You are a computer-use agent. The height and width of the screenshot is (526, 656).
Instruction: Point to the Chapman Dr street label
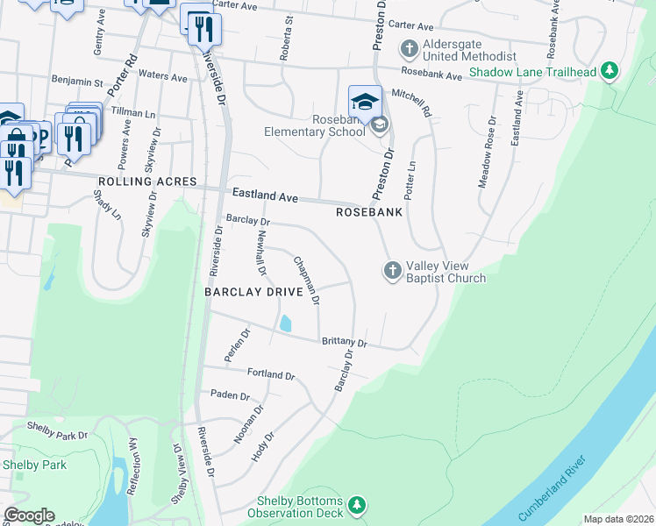(x=306, y=281)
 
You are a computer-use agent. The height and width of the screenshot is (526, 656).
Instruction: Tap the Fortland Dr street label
(x=270, y=373)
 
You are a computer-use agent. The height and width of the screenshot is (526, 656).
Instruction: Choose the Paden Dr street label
(x=229, y=395)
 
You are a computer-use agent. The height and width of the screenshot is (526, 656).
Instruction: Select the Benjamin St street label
(x=77, y=82)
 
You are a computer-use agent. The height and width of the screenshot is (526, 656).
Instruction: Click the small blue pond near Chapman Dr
(x=285, y=323)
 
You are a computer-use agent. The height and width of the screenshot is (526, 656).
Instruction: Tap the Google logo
(x=29, y=515)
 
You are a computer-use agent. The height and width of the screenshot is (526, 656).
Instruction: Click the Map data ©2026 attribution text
(x=618, y=519)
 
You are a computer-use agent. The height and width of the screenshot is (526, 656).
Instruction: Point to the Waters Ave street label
(x=163, y=77)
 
